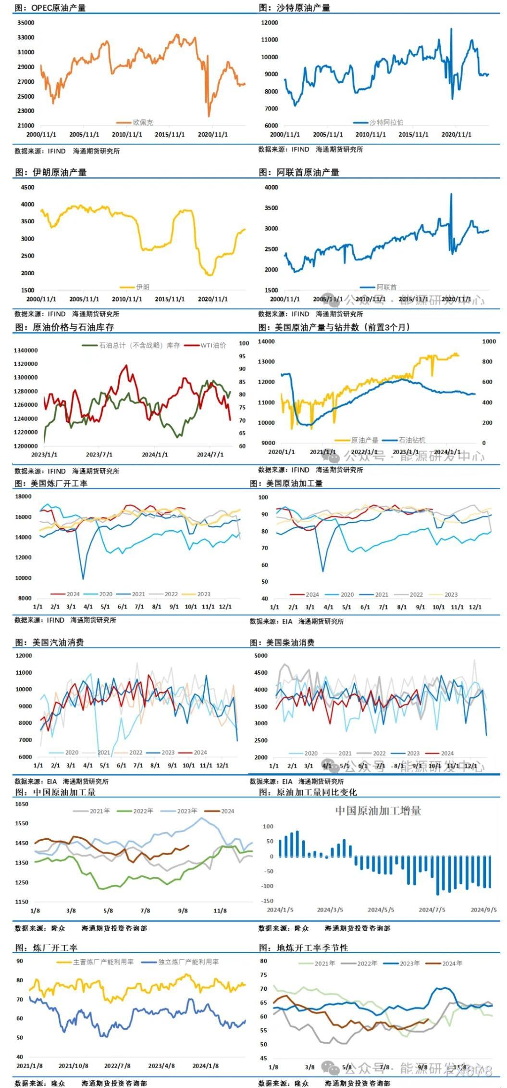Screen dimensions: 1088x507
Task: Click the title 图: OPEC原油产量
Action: pos(50,8)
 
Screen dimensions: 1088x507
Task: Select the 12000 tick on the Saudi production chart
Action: pos(269,23)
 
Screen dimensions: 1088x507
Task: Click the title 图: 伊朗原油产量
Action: pos(51,172)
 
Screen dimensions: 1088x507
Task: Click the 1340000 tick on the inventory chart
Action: pos(25,350)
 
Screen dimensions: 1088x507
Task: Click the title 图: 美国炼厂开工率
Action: pos(51,484)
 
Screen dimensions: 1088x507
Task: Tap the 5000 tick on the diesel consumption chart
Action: pos(260,656)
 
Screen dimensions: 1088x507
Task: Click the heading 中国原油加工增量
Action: pos(378,811)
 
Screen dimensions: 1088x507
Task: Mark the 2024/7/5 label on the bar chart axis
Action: pos(432,910)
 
